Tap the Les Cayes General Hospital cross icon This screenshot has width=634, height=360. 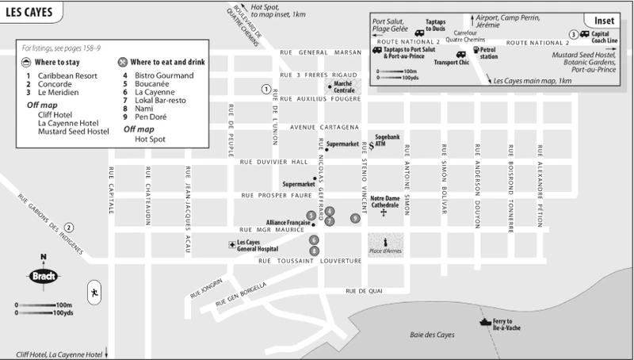[231, 243]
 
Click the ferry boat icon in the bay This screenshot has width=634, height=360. [484, 322]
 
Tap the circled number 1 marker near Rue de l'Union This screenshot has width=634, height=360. [266, 90]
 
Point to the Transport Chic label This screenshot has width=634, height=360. [452, 61]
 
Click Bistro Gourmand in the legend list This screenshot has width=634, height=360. [165, 75]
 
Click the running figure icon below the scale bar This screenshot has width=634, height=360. [94, 290]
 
